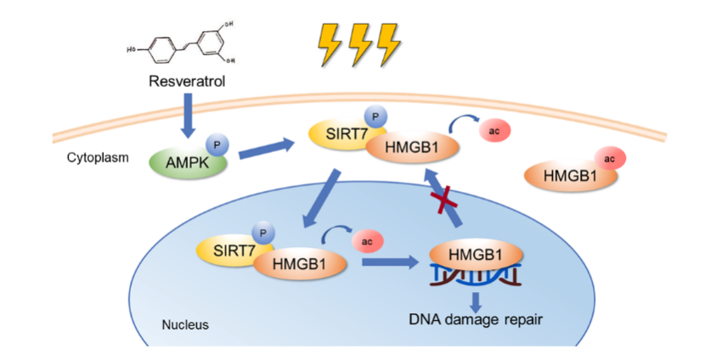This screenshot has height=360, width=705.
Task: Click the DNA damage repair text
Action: (475, 320)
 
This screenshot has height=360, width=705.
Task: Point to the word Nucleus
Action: (184, 324)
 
